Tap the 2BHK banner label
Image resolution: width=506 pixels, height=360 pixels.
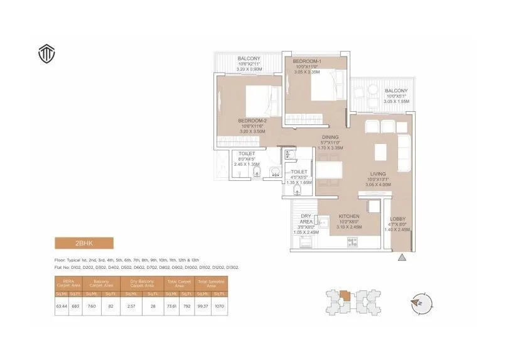[83, 243]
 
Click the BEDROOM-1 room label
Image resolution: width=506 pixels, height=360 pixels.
[306, 62]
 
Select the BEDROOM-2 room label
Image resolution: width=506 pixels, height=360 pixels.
[253, 120]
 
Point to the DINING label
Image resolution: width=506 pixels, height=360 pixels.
[330, 137]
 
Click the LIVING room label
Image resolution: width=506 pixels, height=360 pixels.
[377, 173]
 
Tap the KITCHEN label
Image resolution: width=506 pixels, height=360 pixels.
[348, 215]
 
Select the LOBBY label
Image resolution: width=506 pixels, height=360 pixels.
[398, 219]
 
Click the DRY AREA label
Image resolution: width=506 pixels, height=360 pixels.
[306, 219]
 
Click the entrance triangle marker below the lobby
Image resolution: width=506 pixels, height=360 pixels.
[402, 257]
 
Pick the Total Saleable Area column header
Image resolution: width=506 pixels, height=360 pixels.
[211, 284]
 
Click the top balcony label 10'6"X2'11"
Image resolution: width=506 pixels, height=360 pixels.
[249, 65]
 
